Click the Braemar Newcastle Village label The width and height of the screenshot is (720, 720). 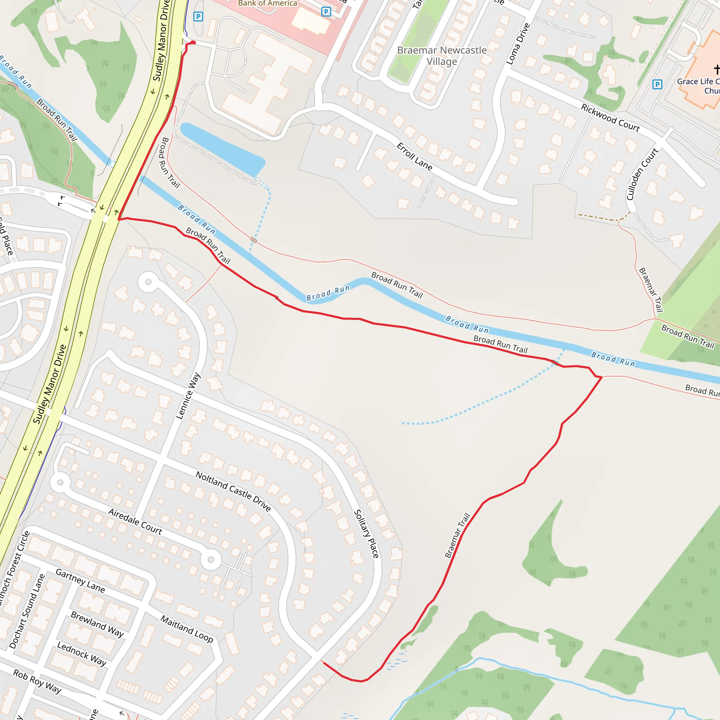coord(442,56)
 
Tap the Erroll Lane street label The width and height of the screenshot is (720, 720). coord(414,156)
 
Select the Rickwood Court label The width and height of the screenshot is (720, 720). coord(610,118)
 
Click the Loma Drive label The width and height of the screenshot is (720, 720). coord(518,44)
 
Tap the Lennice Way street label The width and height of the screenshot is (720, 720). coord(188,396)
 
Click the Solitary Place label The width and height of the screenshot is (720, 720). coord(366,534)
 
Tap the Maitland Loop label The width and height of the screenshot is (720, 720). coord(187,629)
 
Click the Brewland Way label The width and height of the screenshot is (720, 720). coord(97,624)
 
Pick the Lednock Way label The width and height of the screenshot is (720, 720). coord(82,653)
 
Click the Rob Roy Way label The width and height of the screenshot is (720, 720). coord(37,681)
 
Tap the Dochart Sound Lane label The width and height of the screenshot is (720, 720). coord(27,611)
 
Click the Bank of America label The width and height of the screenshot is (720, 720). coord(268,4)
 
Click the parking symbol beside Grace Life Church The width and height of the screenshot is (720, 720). coord(657,85)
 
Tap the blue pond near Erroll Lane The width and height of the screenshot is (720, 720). coord(223,148)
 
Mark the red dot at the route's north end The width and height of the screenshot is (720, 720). coord(193,43)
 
